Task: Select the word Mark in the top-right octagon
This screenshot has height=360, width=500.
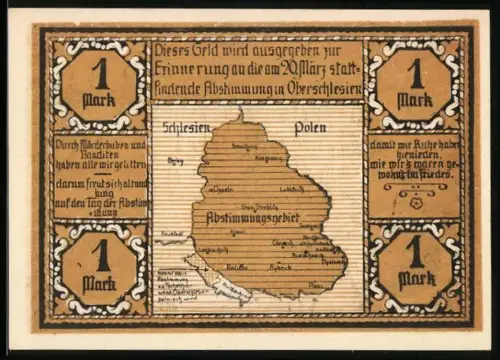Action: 413,99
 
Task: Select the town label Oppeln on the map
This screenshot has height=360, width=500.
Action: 221,187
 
